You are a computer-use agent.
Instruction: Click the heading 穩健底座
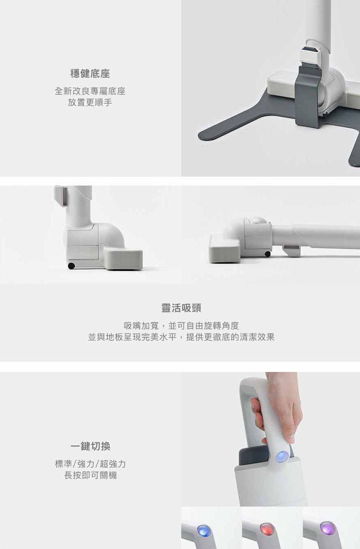pyautogui.click(x=90, y=73)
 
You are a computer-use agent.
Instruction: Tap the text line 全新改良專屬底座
pyautogui.click(x=90, y=91)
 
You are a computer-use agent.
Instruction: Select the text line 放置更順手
pyautogui.click(x=90, y=102)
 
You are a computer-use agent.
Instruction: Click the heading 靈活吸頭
pyautogui.click(x=181, y=308)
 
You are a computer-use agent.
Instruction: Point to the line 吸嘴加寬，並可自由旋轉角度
pyautogui.click(x=181, y=326)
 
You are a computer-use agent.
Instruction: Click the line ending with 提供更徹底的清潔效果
pyautogui.click(x=181, y=337)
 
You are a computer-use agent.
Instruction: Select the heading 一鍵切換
pyautogui.click(x=91, y=446)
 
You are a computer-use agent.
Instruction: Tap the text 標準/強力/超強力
pyautogui.click(x=91, y=464)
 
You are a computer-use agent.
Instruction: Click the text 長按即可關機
pyautogui.click(x=91, y=475)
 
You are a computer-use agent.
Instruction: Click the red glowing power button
pyautogui.click(x=266, y=528)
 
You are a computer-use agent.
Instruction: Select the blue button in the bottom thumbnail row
pyautogui.click(x=203, y=529)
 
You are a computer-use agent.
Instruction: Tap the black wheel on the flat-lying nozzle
pyautogui.click(x=267, y=254)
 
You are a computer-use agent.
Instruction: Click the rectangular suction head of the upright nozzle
pyautogui.click(x=123, y=259)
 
